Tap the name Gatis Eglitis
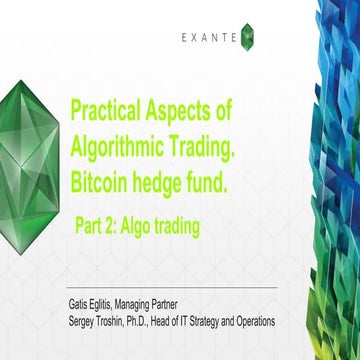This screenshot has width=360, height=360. pyautogui.click(x=96, y=304)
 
